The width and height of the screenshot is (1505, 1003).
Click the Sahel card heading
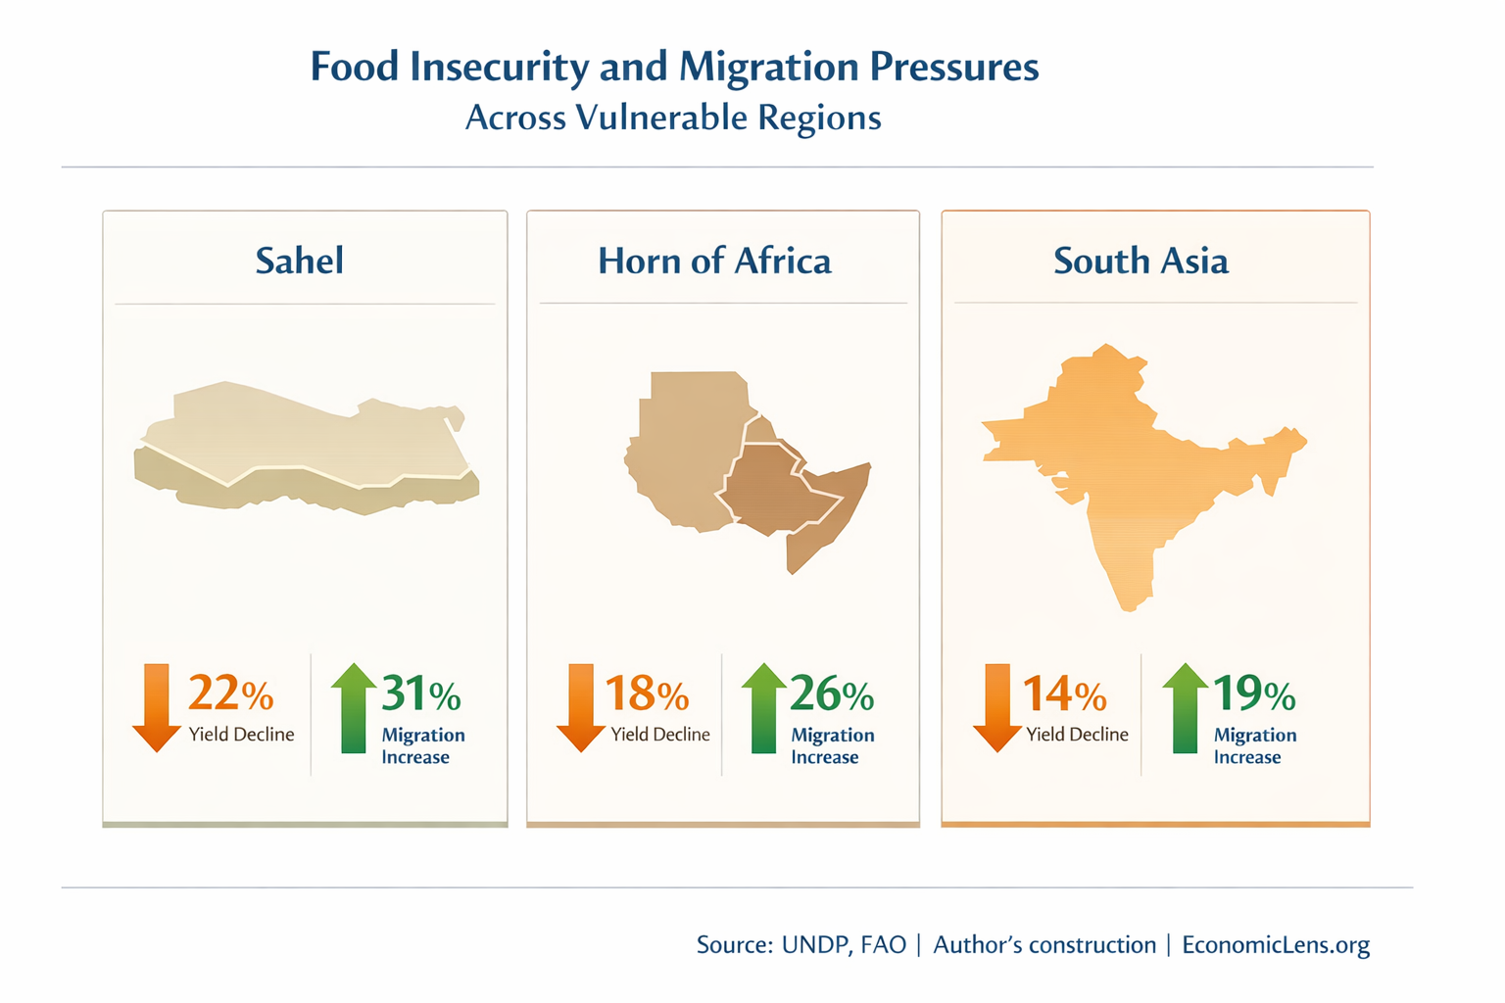click(x=299, y=261)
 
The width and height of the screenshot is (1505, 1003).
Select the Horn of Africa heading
click(x=714, y=261)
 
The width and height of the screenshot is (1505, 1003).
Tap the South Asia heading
click(x=1141, y=261)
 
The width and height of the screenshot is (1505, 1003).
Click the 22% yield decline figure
click(x=230, y=693)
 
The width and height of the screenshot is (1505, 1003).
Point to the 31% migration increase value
click(x=420, y=693)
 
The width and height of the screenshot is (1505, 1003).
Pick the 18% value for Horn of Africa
click(x=647, y=693)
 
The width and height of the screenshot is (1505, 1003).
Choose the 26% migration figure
click(x=831, y=693)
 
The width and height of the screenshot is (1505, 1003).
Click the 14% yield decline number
click(x=1064, y=693)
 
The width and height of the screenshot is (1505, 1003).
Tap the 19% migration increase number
click(x=1254, y=693)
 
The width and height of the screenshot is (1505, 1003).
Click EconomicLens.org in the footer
click(x=1276, y=945)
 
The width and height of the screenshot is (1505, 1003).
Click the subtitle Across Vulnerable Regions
click(x=673, y=118)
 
